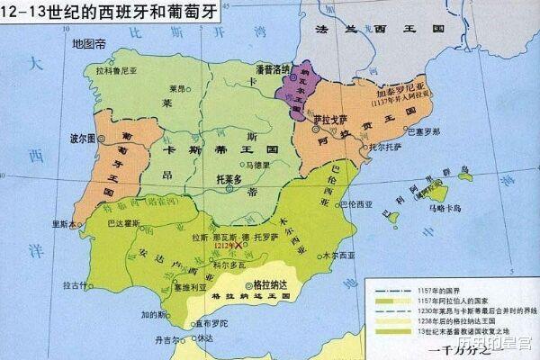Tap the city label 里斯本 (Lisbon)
pyautogui.click(x=66, y=224)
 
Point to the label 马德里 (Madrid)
pyautogui.click(x=256, y=165)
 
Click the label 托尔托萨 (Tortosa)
pyautogui.click(x=362, y=145)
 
